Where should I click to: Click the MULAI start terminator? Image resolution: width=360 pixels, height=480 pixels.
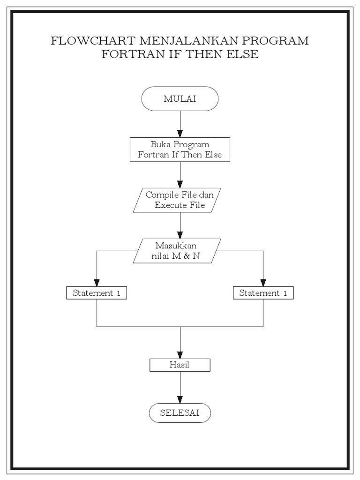[180, 98]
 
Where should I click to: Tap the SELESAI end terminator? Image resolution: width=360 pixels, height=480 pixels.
[180, 413]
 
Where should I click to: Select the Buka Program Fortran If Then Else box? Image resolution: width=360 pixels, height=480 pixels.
[180, 150]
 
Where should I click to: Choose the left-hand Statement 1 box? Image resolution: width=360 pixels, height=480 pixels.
[97, 293]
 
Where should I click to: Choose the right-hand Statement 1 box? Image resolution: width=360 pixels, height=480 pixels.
[263, 293]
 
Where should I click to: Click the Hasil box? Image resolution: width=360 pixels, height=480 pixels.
[180, 365]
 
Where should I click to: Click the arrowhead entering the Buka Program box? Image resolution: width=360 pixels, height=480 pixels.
[180, 134]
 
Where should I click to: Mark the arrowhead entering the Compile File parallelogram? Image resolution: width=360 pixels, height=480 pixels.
[180, 184]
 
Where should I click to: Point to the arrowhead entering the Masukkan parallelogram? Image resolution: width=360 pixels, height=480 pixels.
[180, 235]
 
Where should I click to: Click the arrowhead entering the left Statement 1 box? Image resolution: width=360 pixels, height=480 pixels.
[97, 283]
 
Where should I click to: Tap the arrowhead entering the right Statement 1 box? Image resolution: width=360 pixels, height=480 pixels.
[263, 283]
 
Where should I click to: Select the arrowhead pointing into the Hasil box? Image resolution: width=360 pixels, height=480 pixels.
[180, 355]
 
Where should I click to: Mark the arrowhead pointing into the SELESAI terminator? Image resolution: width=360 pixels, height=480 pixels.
[180, 401]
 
